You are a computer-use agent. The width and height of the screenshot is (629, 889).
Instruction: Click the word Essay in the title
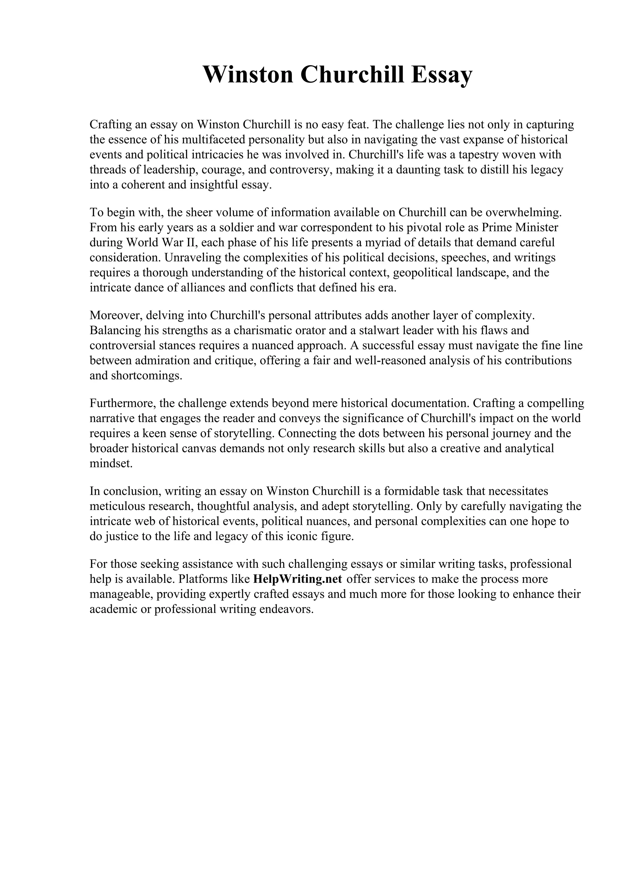pyautogui.click(x=441, y=75)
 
